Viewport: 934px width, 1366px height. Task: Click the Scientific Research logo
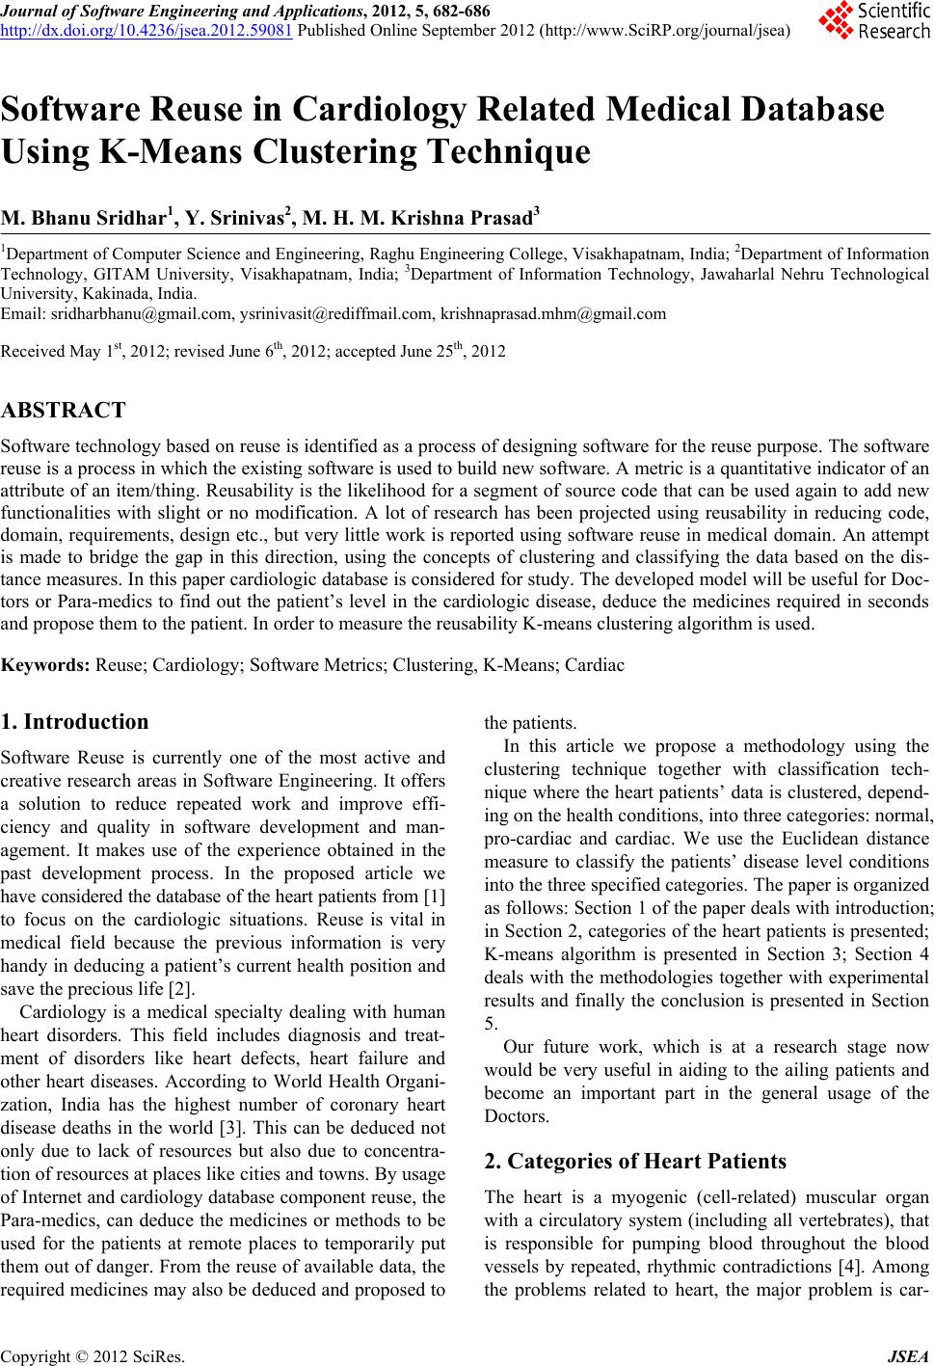(x=872, y=20)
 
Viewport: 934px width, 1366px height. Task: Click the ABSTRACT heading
(x=63, y=411)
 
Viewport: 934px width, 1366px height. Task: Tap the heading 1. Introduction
(x=75, y=721)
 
